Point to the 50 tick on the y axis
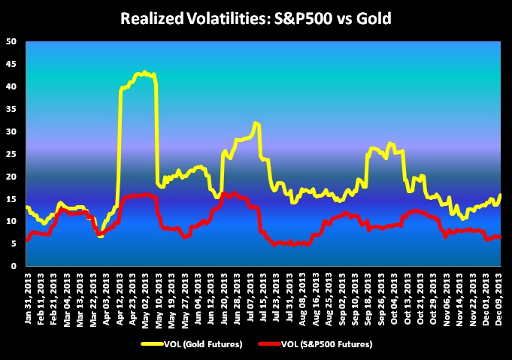click(x=11, y=41)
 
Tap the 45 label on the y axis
click(x=11, y=64)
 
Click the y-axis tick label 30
click(x=11, y=132)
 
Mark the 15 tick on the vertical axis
click(x=11, y=199)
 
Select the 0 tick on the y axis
click(x=14, y=266)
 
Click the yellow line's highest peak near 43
click(x=144, y=72)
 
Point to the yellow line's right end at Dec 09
click(x=500, y=195)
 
